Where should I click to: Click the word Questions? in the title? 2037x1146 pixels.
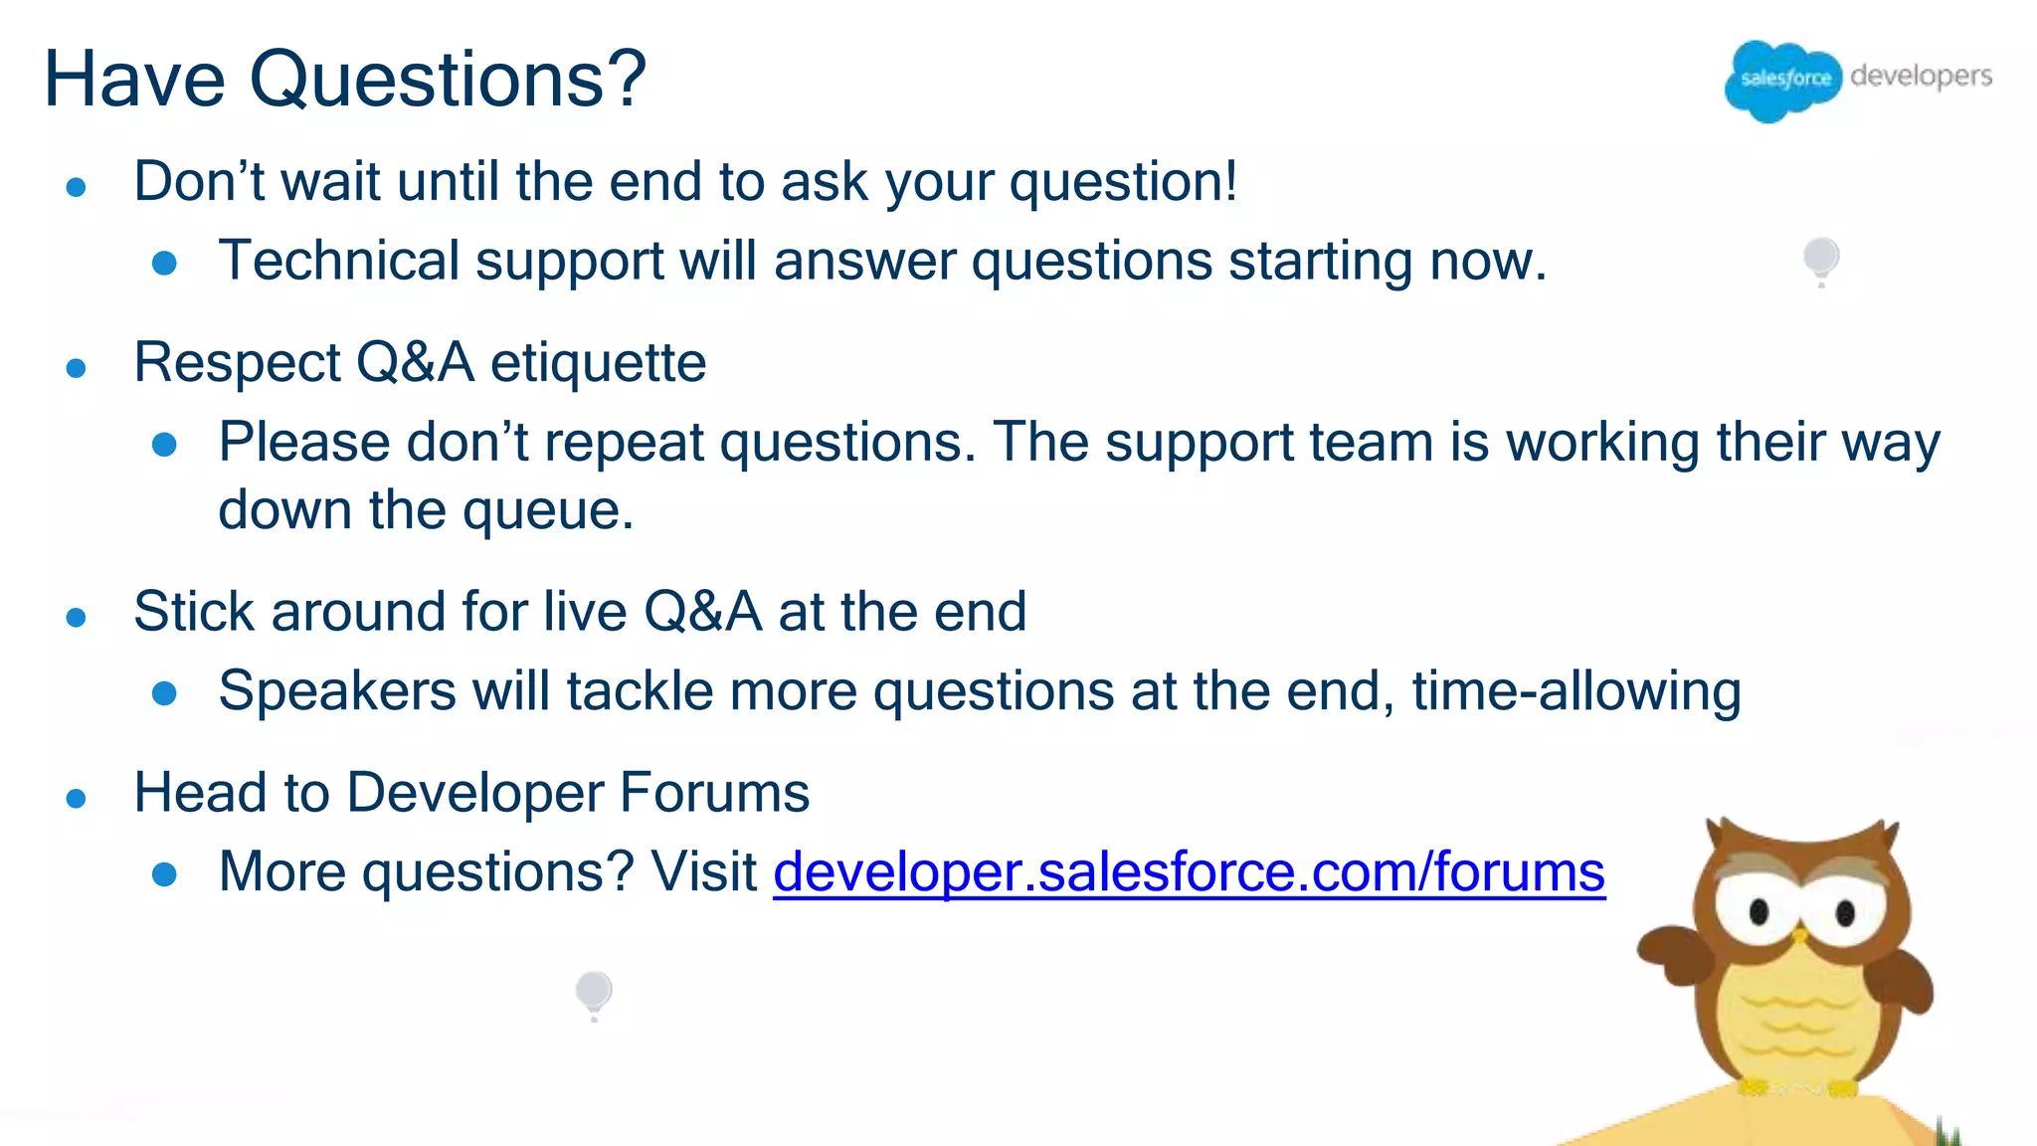(x=448, y=80)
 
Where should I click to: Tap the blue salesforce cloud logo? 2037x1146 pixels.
(x=1783, y=80)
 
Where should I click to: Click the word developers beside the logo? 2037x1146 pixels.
(x=1921, y=76)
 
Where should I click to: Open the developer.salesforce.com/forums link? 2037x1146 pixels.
(x=1189, y=872)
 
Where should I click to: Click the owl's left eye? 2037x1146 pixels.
(x=1759, y=911)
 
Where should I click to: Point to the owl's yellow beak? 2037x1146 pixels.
(x=1799, y=935)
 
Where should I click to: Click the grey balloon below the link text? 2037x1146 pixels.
(x=594, y=991)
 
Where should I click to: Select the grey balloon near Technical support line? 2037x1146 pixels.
(x=1821, y=259)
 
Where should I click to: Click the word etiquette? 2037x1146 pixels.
(x=598, y=362)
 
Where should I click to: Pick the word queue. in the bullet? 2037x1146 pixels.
(x=548, y=510)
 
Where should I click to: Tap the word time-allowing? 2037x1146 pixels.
(x=1576, y=691)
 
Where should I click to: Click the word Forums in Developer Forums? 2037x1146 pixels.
(x=714, y=793)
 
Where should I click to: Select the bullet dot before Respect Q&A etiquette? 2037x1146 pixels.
(x=76, y=369)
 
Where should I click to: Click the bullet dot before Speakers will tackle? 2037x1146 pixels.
(x=164, y=693)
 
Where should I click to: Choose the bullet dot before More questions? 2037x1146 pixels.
(x=164, y=874)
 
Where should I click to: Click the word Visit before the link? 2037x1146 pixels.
(x=703, y=872)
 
